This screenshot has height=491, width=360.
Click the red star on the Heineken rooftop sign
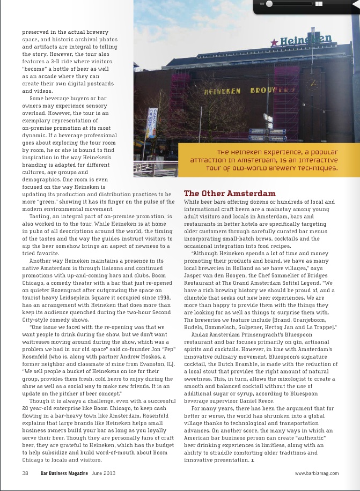[275, 43]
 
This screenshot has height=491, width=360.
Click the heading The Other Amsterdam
[230, 193]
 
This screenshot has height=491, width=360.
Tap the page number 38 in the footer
[25, 473]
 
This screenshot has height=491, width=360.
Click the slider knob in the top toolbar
[269, 4]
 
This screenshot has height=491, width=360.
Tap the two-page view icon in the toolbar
[319, 4]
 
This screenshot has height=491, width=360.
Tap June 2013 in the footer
[104, 473]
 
